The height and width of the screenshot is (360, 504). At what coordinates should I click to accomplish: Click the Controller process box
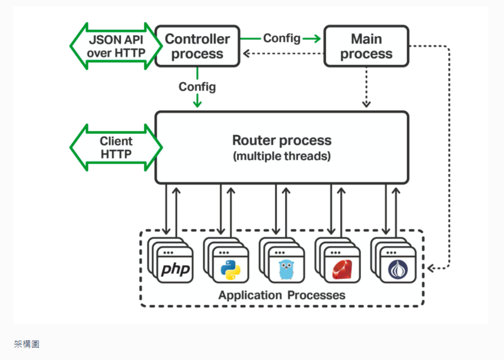pos(197,46)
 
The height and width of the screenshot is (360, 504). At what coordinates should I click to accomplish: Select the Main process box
pos(366,46)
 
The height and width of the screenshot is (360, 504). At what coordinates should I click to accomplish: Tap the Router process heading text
pos(281,141)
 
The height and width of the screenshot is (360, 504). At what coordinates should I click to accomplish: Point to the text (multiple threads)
pos(281,157)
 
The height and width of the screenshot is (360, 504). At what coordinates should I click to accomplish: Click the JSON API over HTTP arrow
pos(116,46)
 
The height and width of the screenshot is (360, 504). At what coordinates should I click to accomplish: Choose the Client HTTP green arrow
pos(116,148)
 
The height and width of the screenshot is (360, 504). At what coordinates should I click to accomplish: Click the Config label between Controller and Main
pos(281,38)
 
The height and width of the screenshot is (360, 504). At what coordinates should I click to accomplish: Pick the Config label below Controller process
pos(197,86)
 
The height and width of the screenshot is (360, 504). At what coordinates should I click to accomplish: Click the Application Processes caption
pos(281,296)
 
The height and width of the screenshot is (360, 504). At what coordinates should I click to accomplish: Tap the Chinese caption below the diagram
pos(26,344)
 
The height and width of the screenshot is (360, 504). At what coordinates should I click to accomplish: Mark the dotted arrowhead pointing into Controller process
pos(246,54)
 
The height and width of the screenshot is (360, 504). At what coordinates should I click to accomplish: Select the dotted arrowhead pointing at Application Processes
pos(431,267)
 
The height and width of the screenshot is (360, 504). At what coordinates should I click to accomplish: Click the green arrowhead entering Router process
pos(197,102)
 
